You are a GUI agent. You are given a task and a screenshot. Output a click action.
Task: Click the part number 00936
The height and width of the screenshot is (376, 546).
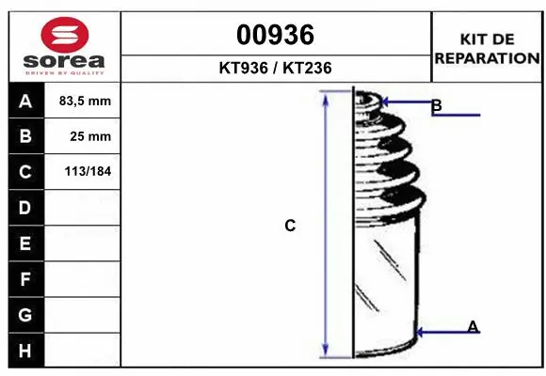tap(275, 36)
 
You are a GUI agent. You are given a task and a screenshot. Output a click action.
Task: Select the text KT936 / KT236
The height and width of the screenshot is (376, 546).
tap(275, 68)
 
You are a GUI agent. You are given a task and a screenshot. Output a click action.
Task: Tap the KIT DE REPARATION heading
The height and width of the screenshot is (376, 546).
tap(486, 48)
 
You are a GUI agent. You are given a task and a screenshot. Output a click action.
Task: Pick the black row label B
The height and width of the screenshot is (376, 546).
tap(25, 136)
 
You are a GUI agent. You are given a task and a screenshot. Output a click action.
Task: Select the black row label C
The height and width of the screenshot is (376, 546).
tap(25, 172)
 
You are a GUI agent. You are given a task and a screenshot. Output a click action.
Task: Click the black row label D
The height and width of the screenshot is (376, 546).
tap(25, 208)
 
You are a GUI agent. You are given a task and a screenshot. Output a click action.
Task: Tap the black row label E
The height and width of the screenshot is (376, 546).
tap(25, 243)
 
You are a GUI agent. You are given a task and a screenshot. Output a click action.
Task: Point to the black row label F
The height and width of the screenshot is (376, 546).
tap(25, 279)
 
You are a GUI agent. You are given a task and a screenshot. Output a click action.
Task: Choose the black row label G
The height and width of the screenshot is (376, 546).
tap(25, 315)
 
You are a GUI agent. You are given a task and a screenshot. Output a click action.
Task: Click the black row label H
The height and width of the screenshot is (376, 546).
tap(25, 350)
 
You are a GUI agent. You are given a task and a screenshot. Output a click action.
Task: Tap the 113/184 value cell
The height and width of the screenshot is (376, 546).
tap(85, 172)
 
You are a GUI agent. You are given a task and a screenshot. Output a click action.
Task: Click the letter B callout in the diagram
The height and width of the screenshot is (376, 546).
tap(436, 105)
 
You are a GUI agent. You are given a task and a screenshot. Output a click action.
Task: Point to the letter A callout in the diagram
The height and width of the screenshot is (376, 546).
tap(473, 326)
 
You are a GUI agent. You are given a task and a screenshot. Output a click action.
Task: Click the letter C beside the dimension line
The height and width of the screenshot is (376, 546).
tap(290, 226)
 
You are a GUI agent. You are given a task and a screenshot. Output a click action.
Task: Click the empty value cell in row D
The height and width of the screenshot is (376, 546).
tap(85, 208)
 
